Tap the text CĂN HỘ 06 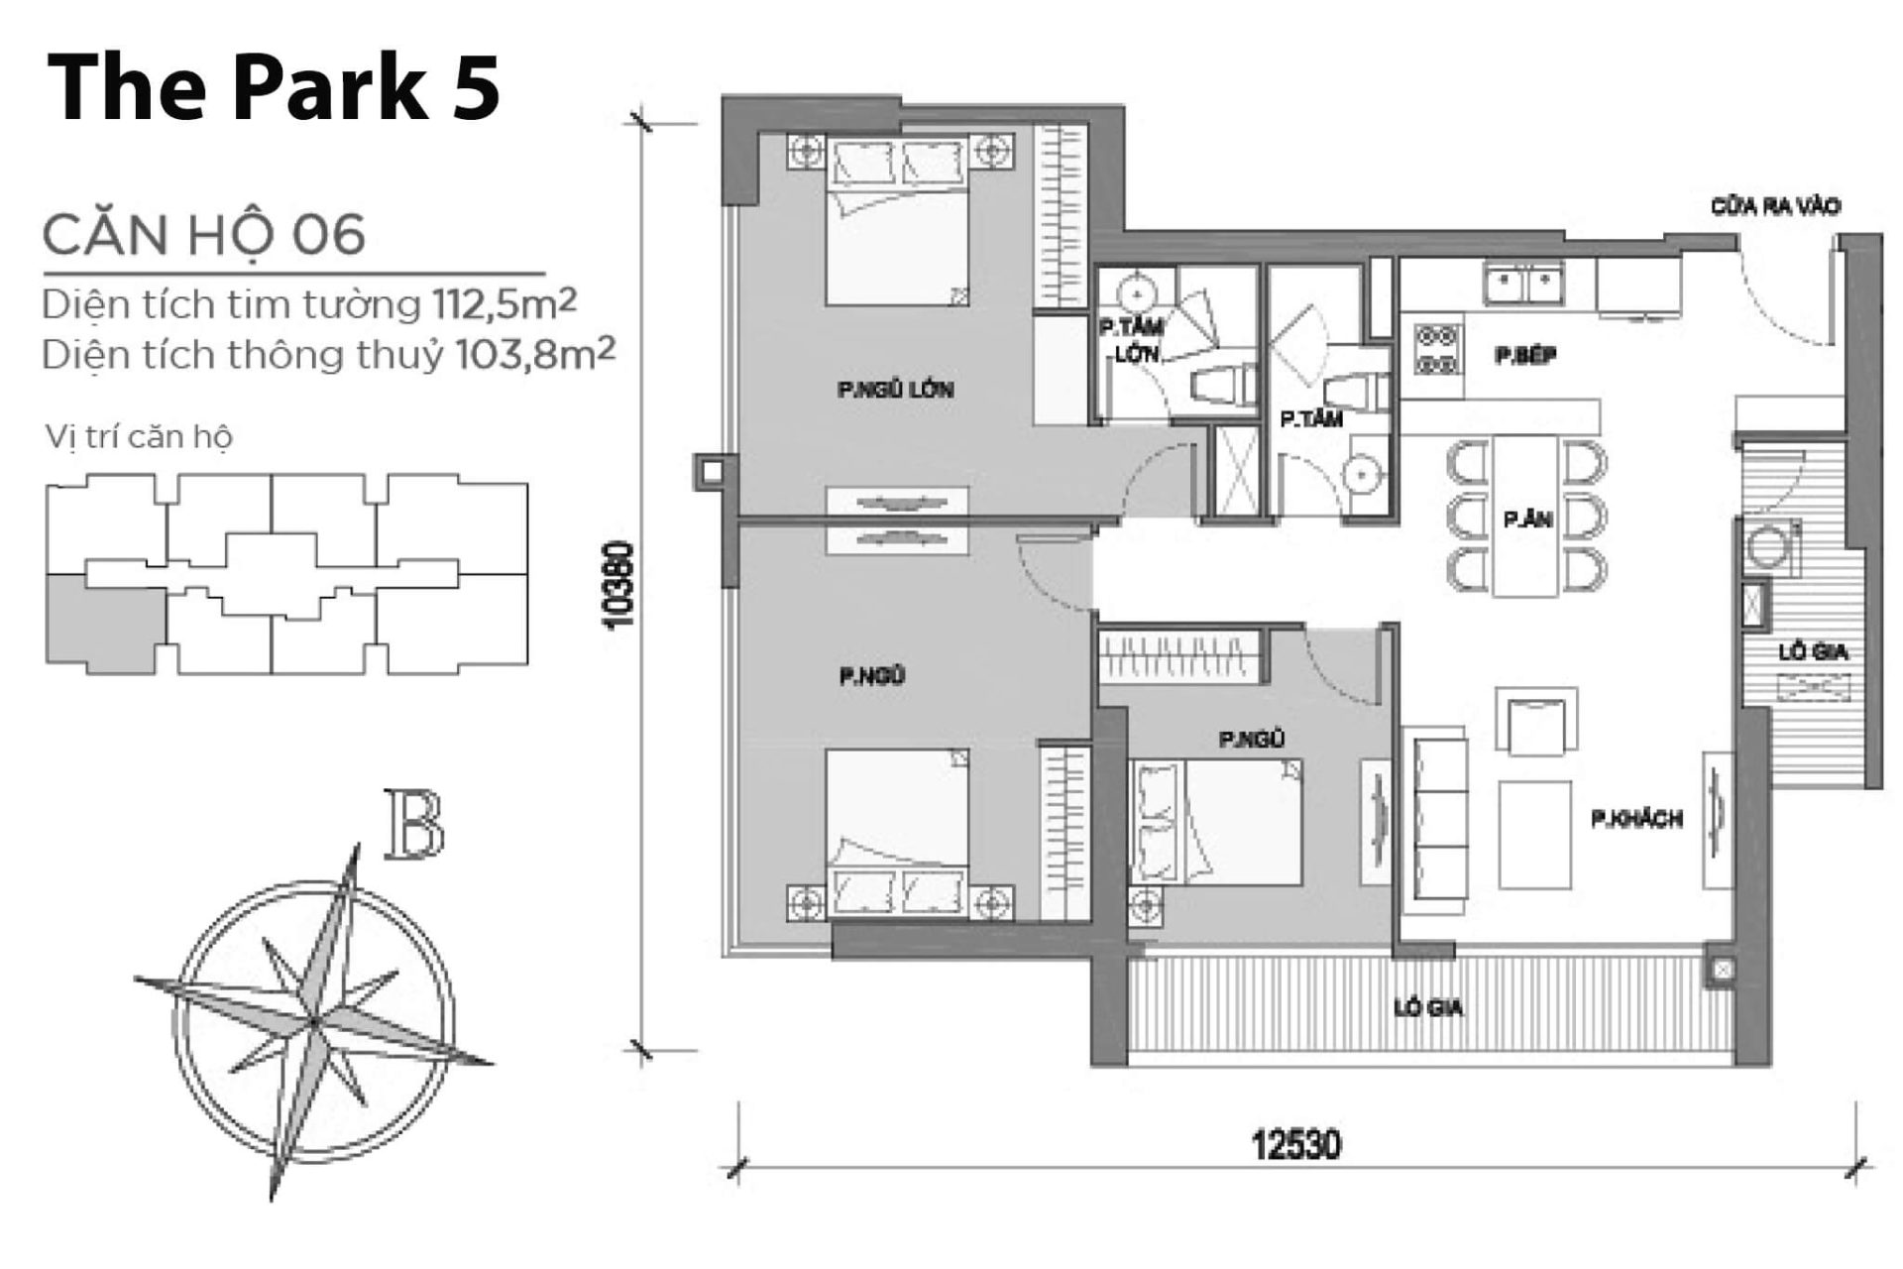tap(204, 236)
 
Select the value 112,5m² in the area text tap(504, 304)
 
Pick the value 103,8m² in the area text tap(535, 354)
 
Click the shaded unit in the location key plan tap(101, 622)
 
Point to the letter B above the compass tap(413, 824)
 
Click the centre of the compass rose tap(314, 1020)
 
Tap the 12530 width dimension tap(1295, 1145)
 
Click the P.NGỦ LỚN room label tap(895, 390)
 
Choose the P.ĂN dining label tap(1526, 519)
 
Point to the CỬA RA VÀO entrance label tap(1775, 206)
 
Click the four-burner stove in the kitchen tap(1437, 349)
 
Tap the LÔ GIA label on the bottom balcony tap(1427, 1008)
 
